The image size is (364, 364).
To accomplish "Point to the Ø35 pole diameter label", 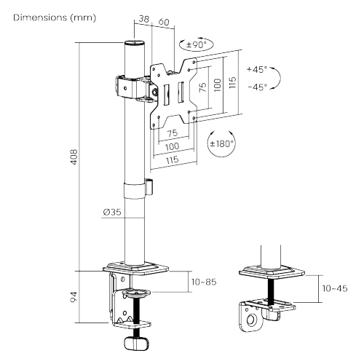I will pos(112,213).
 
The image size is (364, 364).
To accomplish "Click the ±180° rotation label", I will pos(221,143).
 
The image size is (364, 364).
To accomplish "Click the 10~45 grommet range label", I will pos(336,290).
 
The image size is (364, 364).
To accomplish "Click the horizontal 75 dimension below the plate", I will pos(173,133).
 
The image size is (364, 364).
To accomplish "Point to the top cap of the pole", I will pos(135,44).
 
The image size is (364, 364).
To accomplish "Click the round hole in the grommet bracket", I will pos(251,319).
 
